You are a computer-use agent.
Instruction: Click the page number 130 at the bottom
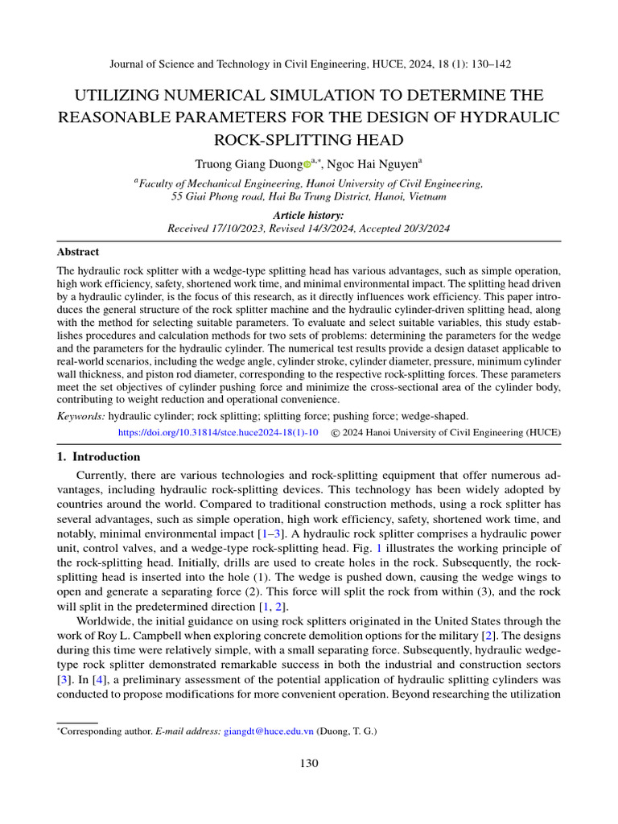click(x=308, y=763)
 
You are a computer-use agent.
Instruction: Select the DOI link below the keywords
click(x=218, y=432)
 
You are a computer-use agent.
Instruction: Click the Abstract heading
click(x=78, y=252)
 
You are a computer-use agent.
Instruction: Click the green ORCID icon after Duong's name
click(x=307, y=164)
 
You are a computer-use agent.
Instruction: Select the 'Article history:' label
click(x=308, y=216)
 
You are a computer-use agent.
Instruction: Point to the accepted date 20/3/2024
click(x=422, y=229)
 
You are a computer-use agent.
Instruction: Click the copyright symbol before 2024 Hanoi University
click(x=336, y=432)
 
